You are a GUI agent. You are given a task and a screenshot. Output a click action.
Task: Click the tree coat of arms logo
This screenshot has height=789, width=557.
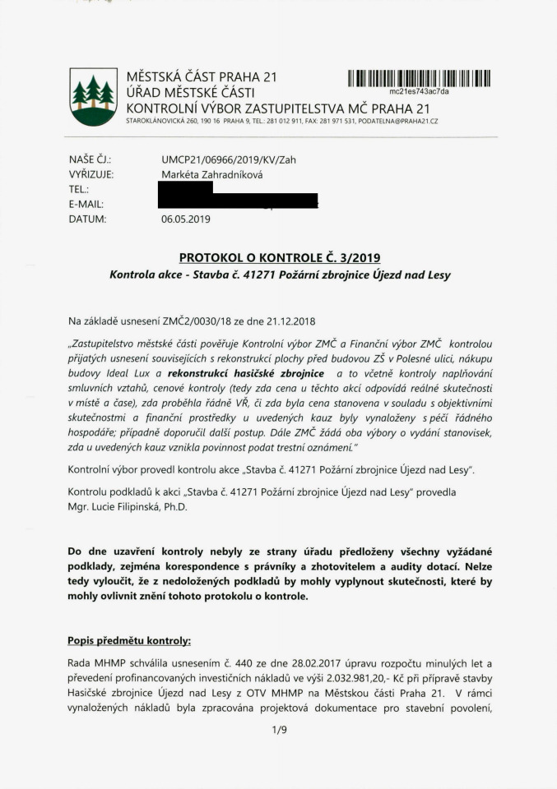[x=93, y=97]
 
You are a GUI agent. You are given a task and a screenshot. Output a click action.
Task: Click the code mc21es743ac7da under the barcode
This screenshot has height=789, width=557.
[x=419, y=91]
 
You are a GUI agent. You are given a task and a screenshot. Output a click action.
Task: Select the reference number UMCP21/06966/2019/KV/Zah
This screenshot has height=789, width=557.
[x=229, y=159]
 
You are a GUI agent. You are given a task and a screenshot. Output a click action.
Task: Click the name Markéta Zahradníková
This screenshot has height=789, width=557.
[x=213, y=174]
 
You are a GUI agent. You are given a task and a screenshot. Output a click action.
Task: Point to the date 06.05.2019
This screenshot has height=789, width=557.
[x=187, y=219]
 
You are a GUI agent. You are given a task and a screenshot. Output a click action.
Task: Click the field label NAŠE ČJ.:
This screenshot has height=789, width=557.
[x=91, y=159]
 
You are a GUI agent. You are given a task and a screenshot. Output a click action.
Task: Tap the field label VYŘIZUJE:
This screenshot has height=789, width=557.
[x=91, y=174]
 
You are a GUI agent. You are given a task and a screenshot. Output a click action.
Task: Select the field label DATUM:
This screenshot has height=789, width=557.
[x=88, y=219]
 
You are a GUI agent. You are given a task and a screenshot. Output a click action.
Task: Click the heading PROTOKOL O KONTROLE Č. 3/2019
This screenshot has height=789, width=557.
[x=279, y=257]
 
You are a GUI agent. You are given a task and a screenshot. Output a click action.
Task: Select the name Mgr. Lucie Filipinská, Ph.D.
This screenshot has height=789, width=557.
[x=128, y=506]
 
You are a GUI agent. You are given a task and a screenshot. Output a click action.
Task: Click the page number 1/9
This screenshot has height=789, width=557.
[x=279, y=727]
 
